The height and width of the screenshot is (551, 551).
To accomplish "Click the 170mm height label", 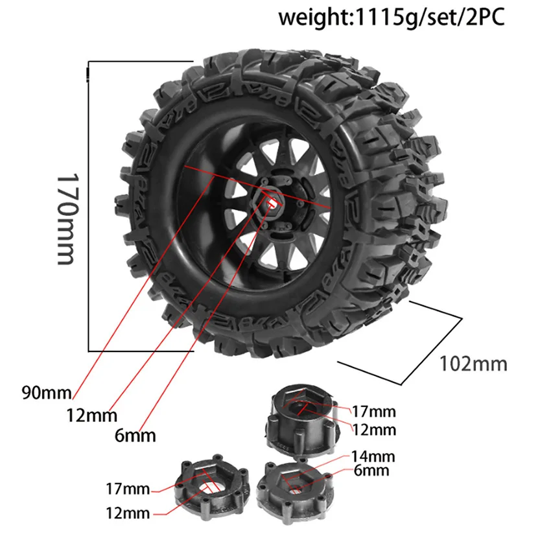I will [67, 219].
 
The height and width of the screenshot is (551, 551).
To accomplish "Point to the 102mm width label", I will [473, 364].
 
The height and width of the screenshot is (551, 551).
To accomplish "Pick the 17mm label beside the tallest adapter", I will [373, 411].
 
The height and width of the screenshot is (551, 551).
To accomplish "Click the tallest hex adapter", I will [301, 421].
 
